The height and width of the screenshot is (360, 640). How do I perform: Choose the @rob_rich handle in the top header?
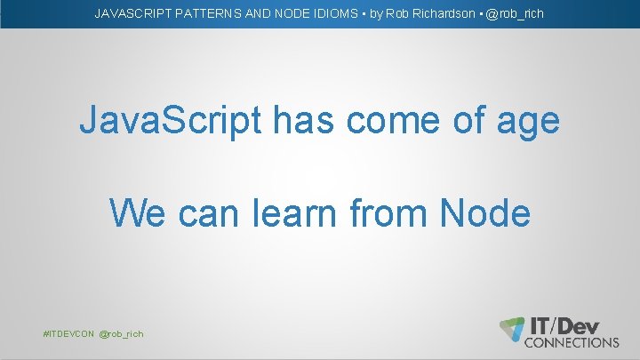(x=515, y=14)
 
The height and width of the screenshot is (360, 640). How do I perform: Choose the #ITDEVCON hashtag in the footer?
(x=68, y=333)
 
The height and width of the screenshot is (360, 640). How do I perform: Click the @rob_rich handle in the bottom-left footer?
(x=122, y=333)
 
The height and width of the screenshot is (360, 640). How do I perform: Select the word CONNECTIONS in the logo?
(x=572, y=342)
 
